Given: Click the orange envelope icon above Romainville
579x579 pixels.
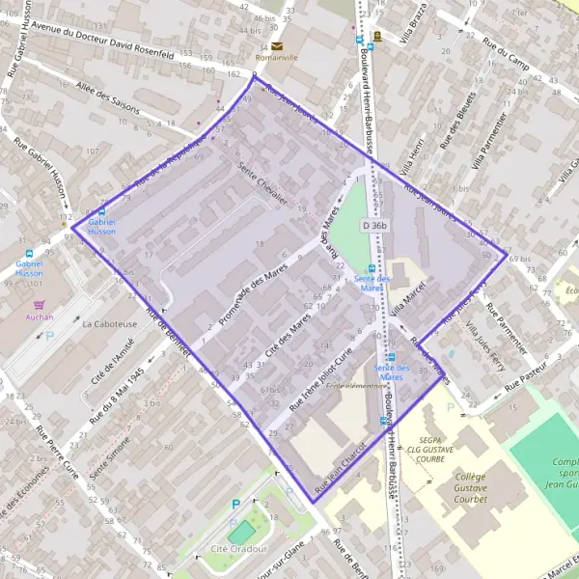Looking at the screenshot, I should pos(278,46).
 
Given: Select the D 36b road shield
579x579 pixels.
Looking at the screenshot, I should pos(374,226).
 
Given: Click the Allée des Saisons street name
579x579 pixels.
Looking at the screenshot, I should pos(108,102).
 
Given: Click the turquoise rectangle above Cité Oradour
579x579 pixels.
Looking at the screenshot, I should pos(241,531).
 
